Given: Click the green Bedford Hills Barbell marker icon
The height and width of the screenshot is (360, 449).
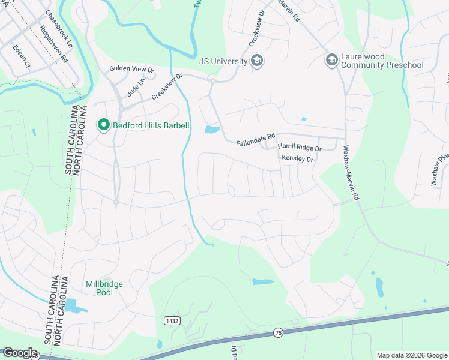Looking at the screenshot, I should tap(103, 125).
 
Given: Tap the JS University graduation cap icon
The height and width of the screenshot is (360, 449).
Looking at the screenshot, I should tap(258, 61).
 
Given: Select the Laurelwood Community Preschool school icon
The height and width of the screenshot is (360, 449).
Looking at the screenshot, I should tap(331, 60).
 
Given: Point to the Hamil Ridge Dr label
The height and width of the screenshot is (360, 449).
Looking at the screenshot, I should tap(300, 148).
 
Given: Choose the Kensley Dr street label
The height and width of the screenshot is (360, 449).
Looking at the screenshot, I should tap(298, 158).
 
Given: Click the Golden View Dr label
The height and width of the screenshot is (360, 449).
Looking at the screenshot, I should tap(132, 70).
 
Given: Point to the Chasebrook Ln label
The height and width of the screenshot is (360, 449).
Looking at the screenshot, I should tap(59, 29).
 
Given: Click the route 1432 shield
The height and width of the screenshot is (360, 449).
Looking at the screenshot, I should tap(172, 321).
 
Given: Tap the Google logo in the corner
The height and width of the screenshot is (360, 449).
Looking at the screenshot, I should tap(19, 353).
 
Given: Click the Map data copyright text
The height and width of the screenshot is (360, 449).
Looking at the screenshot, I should tap(411, 355).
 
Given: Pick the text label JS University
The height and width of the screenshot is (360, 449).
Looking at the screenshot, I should tap(223, 61).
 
